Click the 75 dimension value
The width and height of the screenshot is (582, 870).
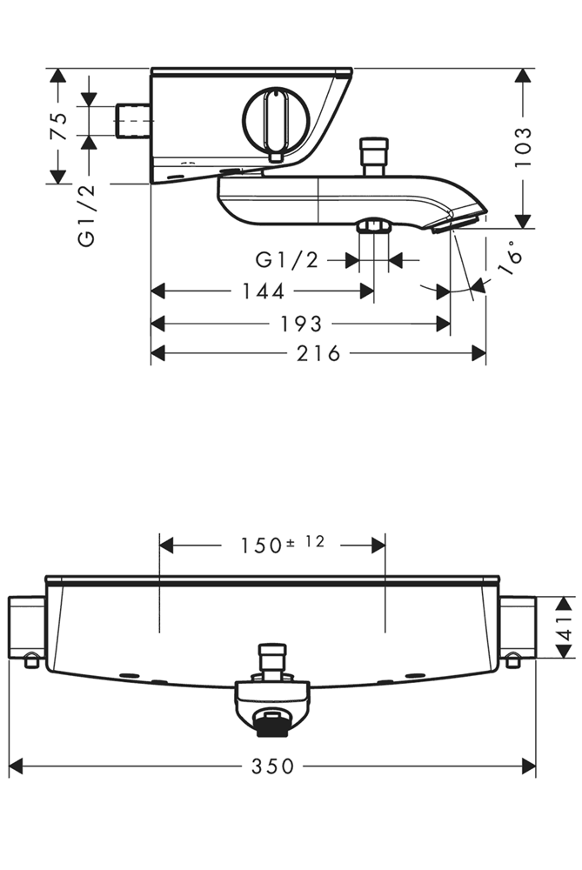[x=58, y=126]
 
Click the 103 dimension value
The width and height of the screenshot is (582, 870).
[x=523, y=147]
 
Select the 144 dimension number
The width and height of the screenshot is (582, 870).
[x=263, y=292]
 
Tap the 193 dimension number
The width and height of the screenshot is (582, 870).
[x=300, y=324]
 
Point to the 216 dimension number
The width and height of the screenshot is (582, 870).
[x=318, y=352]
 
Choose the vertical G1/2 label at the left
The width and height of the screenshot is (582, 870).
[x=86, y=215]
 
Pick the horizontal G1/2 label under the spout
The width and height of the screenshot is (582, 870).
[x=286, y=259]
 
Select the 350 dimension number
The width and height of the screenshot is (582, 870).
[x=273, y=766]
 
